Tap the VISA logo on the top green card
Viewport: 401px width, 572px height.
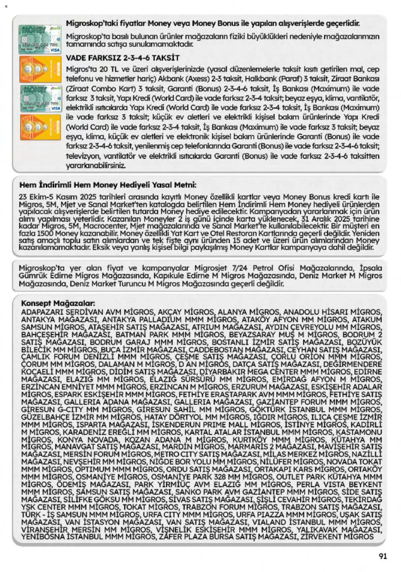[55, 50]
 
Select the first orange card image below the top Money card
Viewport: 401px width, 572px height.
[40, 69]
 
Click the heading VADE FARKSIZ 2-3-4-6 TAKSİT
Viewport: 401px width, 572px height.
[123, 58]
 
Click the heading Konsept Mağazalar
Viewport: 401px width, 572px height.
[58, 303]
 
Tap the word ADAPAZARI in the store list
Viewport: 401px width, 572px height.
[41, 312]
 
